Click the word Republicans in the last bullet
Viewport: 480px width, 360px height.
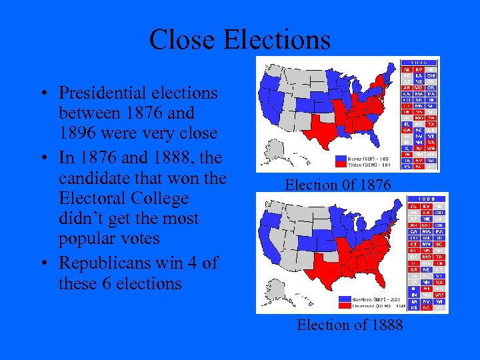pyautogui.click(x=107, y=263)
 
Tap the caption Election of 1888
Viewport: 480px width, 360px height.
pyautogui.click(x=349, y=325)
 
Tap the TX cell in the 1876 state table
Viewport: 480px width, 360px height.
pyautogui.click(x=431, y=123)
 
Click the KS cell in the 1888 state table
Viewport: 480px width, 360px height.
pyautogui.click(x=413, y=308)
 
